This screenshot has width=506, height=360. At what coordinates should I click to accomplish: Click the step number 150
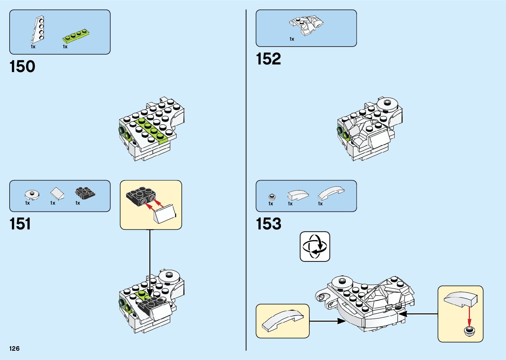tap(22, 67)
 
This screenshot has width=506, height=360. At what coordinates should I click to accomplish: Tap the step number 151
tap(20, 224)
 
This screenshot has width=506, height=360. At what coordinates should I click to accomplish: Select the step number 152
tap(268, 59)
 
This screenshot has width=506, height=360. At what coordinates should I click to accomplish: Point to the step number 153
tap(268, 224)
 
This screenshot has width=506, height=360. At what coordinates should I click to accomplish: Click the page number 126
tap(15, 348)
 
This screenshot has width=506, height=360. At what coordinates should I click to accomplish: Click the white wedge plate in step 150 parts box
tap(39, 30)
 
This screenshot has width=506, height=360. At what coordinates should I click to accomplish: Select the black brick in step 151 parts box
tap(85, 193)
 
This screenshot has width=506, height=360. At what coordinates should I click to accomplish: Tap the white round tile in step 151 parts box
tap(32, 194)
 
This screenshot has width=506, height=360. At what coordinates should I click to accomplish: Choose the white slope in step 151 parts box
tap(57, 193)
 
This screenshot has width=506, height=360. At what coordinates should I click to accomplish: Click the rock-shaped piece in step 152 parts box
tap(306, 24)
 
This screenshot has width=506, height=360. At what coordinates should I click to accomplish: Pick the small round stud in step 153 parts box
tap(272, 197)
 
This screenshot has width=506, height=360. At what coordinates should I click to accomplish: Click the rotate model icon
tap(315, 247)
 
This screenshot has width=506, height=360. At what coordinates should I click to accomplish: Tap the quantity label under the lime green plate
tap(65, 47)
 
